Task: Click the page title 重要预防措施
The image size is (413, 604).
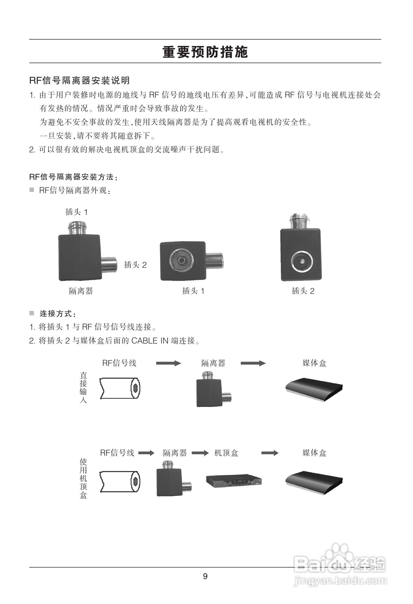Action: click(205, 52)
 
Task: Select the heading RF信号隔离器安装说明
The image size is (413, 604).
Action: click(79, 80)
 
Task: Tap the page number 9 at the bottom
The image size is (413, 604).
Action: click(205, 576)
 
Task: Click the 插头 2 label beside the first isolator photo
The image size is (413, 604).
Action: click(135, 265)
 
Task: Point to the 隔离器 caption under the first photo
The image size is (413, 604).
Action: click(81, 291)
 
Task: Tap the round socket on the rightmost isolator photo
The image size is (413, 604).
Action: click(302, 262)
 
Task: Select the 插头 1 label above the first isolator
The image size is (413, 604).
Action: click(76, 212)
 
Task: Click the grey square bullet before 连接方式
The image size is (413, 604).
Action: click(32, 313)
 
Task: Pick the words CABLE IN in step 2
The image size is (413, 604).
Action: click(150, 341)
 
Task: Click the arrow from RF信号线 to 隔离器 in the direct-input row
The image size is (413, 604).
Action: click(168, 363)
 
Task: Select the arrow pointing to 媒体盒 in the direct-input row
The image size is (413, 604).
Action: click(253, 363)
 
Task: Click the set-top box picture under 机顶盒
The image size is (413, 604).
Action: click(234, 481)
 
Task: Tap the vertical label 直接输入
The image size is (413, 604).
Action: click(83, 387)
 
